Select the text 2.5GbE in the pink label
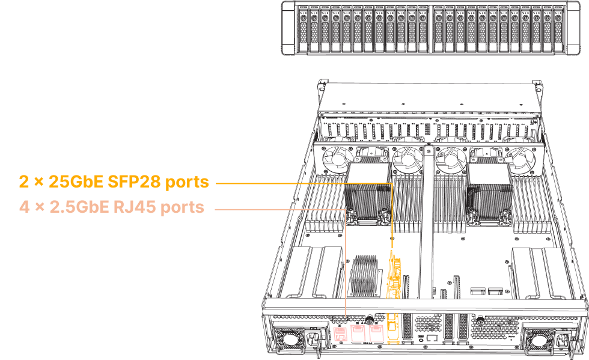80,207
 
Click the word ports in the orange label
187,181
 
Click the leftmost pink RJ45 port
340,332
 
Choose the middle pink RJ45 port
358,332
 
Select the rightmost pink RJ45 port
376,332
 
